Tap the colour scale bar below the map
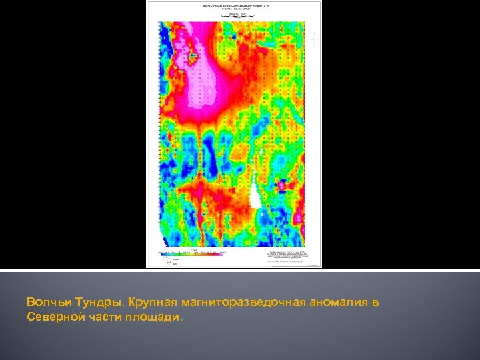pyautogui.click(x=193, y=253)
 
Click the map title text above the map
pyautogui.click(x=231, y=7)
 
